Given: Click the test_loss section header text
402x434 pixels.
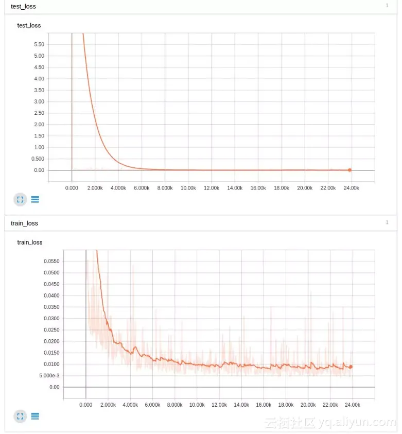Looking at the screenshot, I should (23, 6).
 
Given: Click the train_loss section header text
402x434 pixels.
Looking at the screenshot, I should (24, 223).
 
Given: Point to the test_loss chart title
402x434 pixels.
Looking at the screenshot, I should (29, 25).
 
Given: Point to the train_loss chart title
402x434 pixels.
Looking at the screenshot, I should (30, 242).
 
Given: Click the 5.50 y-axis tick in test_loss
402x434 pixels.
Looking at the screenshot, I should (39, 44).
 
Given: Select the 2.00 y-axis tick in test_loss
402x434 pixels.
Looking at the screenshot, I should (39, 125).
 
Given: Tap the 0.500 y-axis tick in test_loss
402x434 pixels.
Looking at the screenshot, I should (38, 159).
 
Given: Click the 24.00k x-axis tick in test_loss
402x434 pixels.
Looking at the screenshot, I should (352, 188).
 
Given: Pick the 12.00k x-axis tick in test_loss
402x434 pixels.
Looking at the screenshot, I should (212, 188).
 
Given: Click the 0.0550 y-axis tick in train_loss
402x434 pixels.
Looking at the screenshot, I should (51, 262).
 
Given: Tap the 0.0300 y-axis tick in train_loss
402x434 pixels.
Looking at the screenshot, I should (51, 318).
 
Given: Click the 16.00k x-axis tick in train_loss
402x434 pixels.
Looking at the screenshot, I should (264, 405).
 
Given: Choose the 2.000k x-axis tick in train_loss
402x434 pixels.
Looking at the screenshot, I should (108, 405).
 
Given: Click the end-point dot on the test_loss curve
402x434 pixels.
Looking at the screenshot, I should (349, 170).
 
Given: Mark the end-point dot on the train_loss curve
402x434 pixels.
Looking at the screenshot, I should (351, 367).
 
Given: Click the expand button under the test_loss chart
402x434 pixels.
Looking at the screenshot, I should (20, 199).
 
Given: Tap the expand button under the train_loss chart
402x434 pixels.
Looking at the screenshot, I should (20, 416).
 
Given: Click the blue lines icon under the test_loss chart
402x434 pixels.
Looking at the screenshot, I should (35, 199).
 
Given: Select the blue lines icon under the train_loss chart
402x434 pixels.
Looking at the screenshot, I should (35, 416).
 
